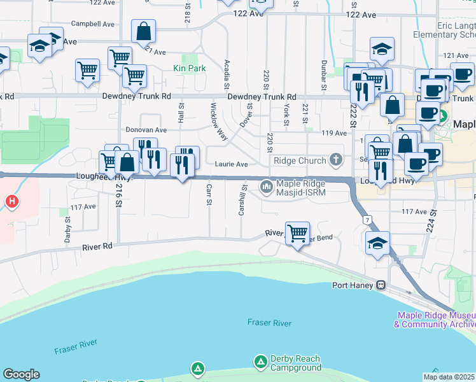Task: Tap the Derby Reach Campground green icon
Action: click(x=260, y=362)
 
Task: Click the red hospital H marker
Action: click(x=11, y=202)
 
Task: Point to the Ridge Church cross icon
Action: click(x=335, y=160)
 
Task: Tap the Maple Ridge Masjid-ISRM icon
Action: click(x=266, y=187)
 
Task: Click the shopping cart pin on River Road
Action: click(x=297, y=234)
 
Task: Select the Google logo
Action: click(x=21, y=374)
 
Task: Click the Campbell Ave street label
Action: click(x=92, y=24)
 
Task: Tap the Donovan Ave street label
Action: click(x=145, y=129)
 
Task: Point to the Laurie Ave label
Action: click(x=232, y=164)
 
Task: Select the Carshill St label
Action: click(x=242, y=200)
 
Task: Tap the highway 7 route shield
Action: click(x=367, y=220)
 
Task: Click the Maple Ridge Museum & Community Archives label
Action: click(x=435, y=320)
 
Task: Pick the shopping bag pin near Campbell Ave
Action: click(x=144, y=31)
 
